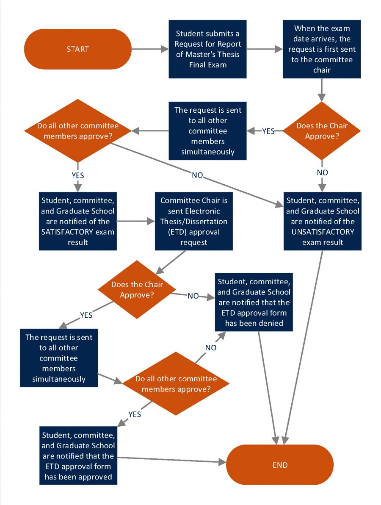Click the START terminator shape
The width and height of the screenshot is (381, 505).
click(78, 49)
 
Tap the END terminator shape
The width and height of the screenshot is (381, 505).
click(280, 465)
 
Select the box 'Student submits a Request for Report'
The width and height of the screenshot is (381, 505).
click(207, 49)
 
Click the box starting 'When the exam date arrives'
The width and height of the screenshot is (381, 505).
click(321, 49)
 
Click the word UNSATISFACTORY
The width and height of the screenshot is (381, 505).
click(323, 232)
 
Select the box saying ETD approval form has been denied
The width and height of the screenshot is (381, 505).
click(254, 302)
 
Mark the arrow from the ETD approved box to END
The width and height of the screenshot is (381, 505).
click(171, 460)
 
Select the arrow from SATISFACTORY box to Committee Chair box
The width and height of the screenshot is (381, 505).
click(135, 221)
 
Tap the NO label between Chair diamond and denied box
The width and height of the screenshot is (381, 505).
click(193, 296)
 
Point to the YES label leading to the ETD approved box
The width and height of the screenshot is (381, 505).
click(135, 414)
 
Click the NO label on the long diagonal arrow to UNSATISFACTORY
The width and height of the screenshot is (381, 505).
click(197, 175)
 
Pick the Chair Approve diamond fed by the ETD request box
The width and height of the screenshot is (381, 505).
click(137, 290)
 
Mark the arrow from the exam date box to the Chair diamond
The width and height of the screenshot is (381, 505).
click(322, 89)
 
